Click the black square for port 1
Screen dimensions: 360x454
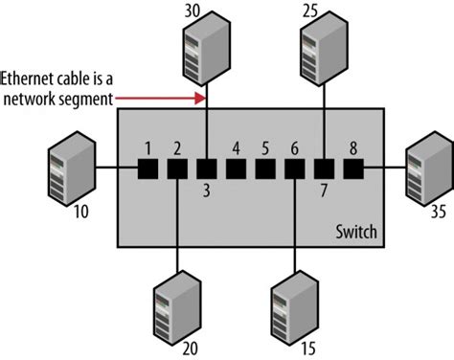tap(148, 169)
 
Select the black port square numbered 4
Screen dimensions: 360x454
tap(236, 169)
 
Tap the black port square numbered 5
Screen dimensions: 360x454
tap(265, 169)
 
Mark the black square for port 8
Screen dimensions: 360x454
tap(354, 169)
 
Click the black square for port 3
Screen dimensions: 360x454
tap(206, 169)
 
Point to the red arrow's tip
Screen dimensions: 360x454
tap(204, 97)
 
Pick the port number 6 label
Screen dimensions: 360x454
tap(295, 148)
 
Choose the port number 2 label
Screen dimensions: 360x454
tap(176, 148)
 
